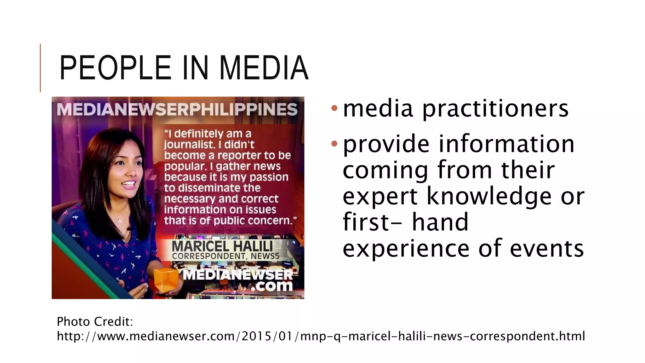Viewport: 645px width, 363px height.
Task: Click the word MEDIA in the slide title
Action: [264, 68]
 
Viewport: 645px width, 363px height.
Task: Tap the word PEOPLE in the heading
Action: [115, 68]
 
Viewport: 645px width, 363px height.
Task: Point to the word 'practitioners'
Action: [495, 109]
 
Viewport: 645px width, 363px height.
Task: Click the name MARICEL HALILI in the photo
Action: [222, 246]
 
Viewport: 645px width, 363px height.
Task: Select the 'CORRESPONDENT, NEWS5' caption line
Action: [225, 256]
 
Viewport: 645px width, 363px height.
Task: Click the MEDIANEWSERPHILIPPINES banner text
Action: [177, 109]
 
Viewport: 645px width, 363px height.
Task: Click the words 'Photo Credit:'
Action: [95, 321]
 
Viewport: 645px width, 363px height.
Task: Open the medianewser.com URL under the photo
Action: [321, 336]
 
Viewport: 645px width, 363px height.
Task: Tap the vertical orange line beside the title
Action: [40, 68]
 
